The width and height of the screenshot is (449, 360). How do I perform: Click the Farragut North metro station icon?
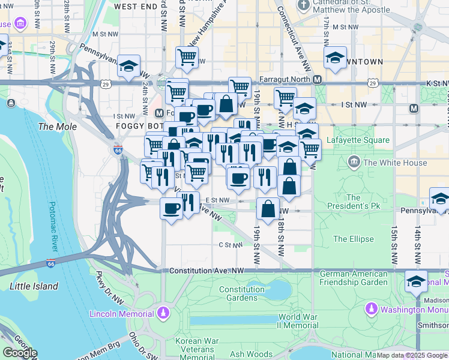(318, 80)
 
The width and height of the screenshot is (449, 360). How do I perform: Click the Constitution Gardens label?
(242, 293)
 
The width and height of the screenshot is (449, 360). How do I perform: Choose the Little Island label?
(34, 286)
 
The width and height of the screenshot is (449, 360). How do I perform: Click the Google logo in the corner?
(20, 353)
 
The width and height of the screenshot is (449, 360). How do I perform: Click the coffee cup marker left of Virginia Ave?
(172, 208)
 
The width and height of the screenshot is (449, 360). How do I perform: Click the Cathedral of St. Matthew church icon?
(304, 5)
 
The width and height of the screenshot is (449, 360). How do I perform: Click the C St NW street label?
(229, 245)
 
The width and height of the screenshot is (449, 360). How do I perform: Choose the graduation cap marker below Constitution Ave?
(416, 280)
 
